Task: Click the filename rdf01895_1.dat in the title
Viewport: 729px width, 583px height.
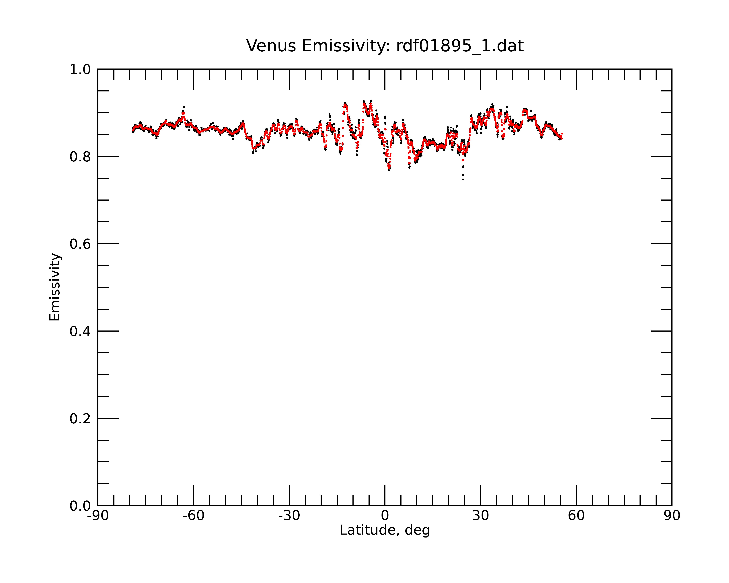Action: point(460,46)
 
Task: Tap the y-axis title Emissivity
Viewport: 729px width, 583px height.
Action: point(55,287)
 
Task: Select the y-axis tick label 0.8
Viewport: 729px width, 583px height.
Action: point(80,157)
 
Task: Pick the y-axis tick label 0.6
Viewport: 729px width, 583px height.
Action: point(80,244)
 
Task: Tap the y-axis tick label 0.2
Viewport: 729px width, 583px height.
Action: point(80,419)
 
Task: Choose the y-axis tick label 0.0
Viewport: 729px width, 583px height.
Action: point(80,506)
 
